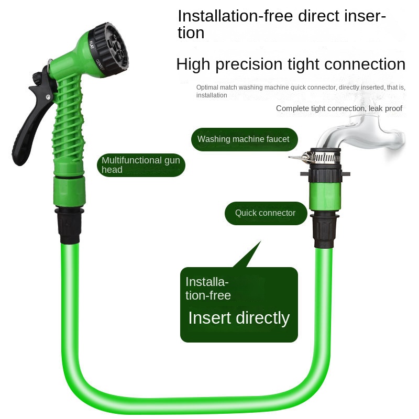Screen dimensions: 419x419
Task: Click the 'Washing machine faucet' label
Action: [243, 139]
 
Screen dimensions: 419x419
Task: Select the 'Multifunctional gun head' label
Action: [140, 165]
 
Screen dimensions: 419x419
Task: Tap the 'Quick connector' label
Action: [265, 213]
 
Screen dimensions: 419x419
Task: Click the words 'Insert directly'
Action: [239, 318]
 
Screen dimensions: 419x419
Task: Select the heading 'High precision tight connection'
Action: [291, 64]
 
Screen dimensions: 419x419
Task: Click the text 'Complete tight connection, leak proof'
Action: [339, 108]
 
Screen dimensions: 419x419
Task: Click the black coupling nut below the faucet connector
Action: [325, 229]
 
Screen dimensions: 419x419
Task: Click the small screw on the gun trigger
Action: [48, 98]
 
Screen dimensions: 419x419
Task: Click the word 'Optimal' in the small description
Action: [206, 87]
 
